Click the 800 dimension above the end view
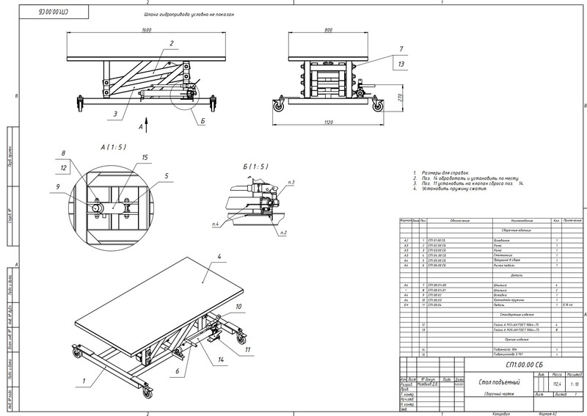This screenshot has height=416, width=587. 317,30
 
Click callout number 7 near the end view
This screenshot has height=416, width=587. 401,49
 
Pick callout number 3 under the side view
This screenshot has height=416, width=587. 116,114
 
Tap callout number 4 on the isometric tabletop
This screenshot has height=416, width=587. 219,256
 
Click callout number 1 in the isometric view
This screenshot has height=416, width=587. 84,379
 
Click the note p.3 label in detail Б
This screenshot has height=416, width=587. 291,181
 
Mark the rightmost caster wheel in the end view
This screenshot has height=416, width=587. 377,106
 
